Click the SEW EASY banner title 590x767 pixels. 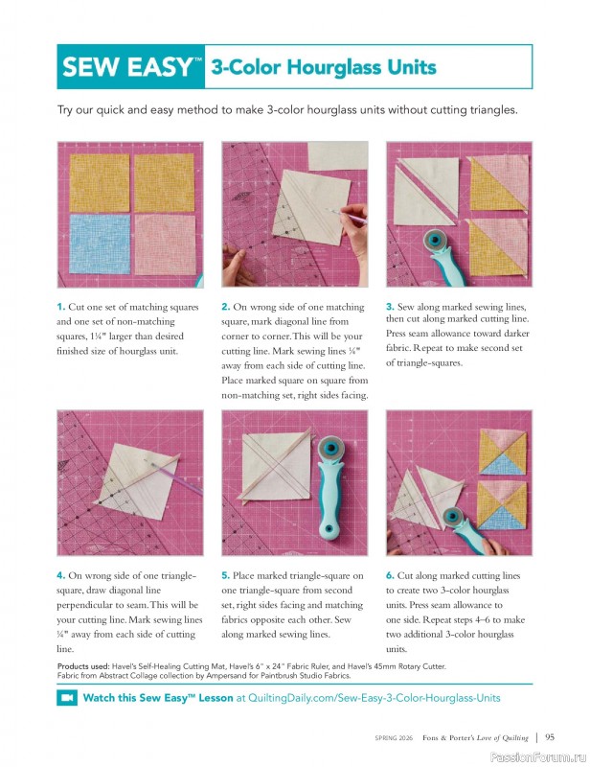tap(131, 67)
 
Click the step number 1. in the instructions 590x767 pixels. tap(60, 307)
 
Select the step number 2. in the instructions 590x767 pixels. tap(226, 307)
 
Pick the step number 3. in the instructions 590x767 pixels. tap(391, 306)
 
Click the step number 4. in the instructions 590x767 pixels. tap(60, 575)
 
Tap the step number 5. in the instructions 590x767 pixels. tap(226, 575)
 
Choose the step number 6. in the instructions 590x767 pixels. tap(391, 575)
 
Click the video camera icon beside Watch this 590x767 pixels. tap(67, 698)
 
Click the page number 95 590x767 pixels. tap(551, 737)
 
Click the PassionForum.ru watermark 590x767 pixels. tap(540, 756)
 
